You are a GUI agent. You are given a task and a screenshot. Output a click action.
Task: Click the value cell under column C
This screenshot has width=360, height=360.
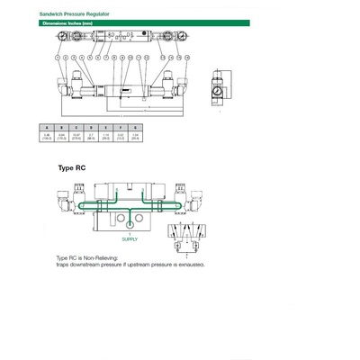76,138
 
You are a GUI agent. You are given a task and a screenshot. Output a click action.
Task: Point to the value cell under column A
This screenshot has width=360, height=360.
48,138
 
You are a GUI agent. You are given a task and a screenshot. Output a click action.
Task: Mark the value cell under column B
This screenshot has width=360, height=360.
62,138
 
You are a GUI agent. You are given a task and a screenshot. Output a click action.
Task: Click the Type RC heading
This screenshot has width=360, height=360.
72,168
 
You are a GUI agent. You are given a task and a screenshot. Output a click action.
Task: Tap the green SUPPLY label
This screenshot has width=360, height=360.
130,239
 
